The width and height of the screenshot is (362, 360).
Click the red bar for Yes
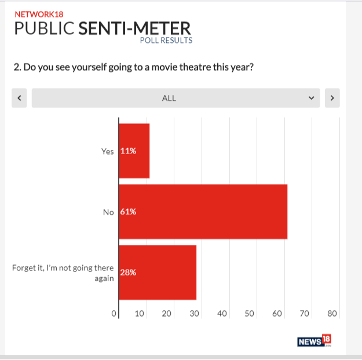click(x=134, y=150)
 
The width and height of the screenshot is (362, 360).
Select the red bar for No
click(x=203, y=211)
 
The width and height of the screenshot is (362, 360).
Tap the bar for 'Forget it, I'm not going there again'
click(x=158, y=272)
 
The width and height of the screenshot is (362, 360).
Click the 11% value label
click(x=128, y=151)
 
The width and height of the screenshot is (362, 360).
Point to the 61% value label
click(x=128, y=212)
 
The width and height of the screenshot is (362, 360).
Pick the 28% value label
click(x=128, y=273)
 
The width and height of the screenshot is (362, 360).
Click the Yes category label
click(x=108, y=151)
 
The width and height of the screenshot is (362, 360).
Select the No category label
click(x=108, y=212)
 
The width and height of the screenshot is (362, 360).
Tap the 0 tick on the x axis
click(x=114, y=314)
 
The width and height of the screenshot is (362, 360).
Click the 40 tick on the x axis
click(x=221, y=314)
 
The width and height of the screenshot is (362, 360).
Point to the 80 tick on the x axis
click(x=332, y=314)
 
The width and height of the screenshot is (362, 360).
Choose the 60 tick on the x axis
click(x=277, y=314)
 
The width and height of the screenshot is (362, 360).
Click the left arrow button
click(x=19, y=98)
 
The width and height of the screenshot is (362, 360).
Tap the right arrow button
click(x=332, y=98)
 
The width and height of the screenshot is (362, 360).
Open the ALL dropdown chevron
click(x=312, y=98)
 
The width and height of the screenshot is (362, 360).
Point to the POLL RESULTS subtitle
click(x=166, y=41)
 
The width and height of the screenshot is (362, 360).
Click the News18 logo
click(x=314, y=341)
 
